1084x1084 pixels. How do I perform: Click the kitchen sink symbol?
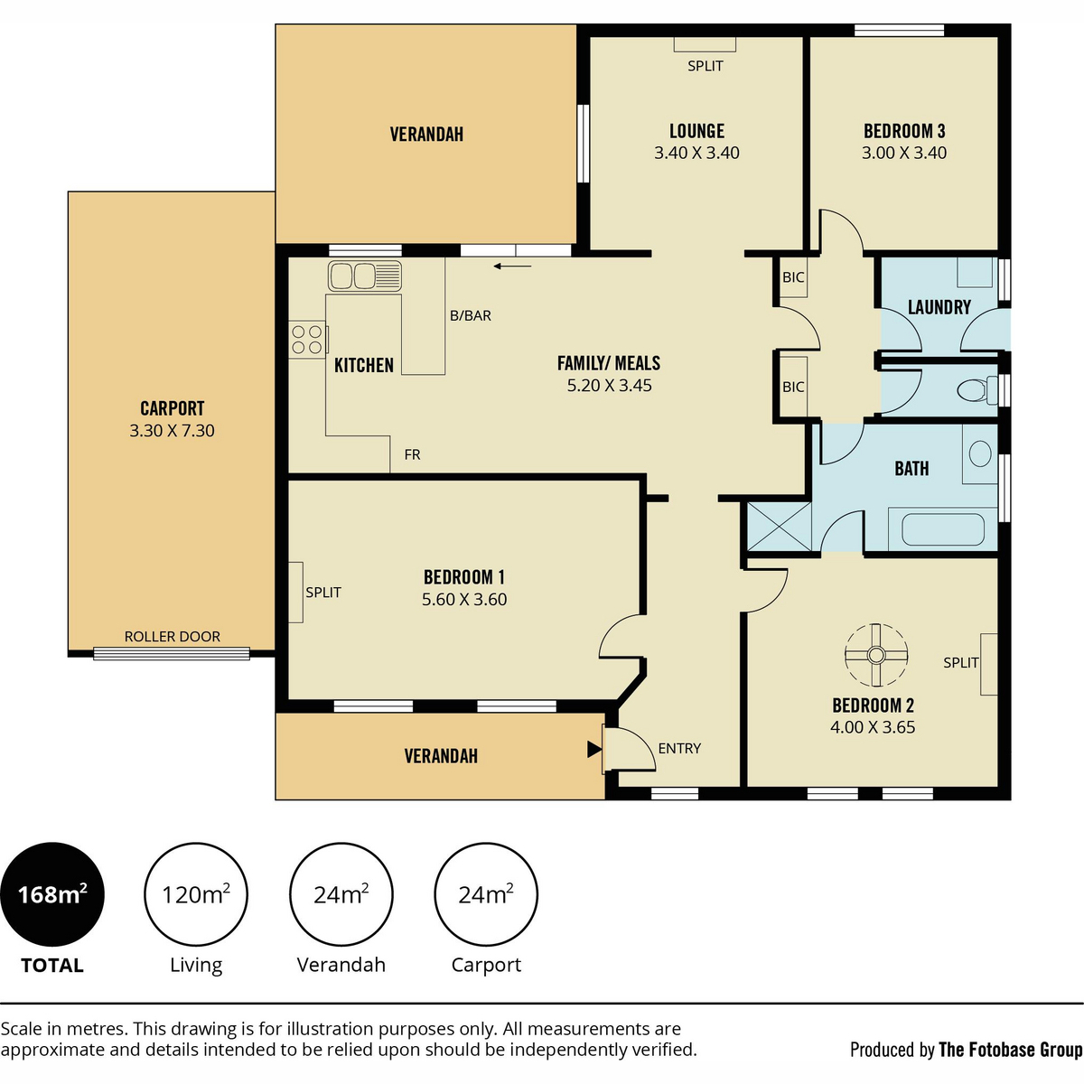point(365,276)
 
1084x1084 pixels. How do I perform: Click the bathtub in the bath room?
point(943,529)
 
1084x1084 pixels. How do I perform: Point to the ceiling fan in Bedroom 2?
point(876,655)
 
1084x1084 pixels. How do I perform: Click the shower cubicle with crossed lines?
point(779,527)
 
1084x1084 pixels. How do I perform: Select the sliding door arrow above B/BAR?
point(512,266)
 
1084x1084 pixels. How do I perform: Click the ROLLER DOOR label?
point(173,636)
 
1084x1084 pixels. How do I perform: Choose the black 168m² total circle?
point(52,894)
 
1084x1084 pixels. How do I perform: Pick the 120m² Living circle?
point(196,894)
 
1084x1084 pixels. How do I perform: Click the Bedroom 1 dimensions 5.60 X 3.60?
point(464,599)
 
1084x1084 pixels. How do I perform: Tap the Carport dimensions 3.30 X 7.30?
point(173,430)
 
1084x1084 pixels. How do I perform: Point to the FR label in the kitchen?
point(412,454)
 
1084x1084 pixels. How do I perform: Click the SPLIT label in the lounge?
point(706,66)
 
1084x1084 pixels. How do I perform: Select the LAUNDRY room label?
point(939,307)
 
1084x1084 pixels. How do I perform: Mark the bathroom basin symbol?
point(980,453)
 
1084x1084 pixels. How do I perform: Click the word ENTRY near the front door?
point(679,748)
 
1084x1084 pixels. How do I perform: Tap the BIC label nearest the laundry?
point(793,276)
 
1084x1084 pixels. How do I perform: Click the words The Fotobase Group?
point(1010,1050)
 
